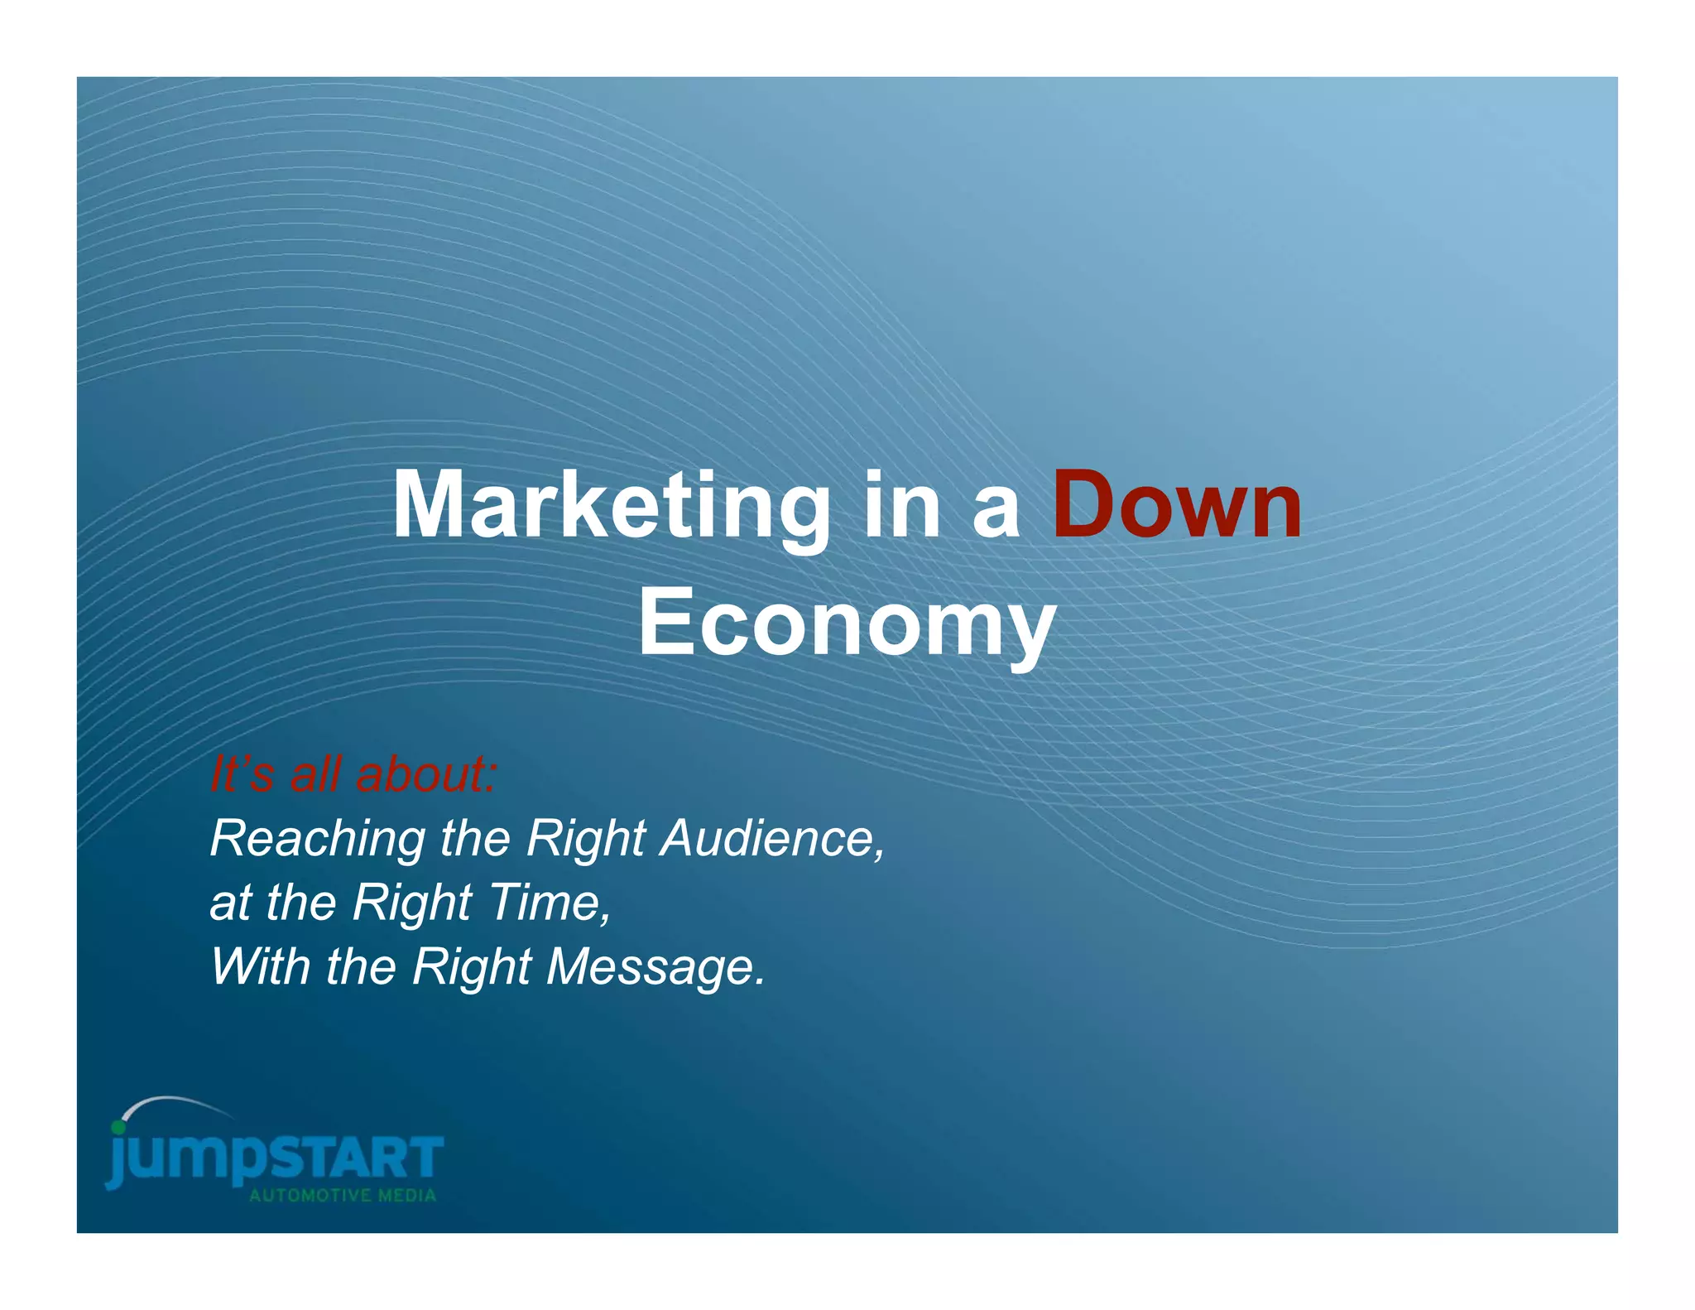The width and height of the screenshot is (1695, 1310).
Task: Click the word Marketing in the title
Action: tap(611, 507)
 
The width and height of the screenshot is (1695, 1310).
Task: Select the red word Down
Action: tap(1177, 505)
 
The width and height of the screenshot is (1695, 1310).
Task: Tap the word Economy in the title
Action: tap(847, 623)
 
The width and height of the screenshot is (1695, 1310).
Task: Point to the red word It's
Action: tap(242, 775)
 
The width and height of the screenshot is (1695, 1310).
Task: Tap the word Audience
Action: tap(771, 839)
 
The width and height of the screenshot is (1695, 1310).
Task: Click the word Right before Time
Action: tap(411, 903)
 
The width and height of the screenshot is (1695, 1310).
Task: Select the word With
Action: tap(260, 966)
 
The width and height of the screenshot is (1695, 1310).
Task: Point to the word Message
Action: tap(655, 966)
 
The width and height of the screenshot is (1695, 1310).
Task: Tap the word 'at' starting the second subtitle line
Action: tap(230, 903)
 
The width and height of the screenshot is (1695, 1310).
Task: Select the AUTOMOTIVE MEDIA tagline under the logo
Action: tap(343, 1196)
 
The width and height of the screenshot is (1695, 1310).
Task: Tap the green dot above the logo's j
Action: tap(119, 1127)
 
